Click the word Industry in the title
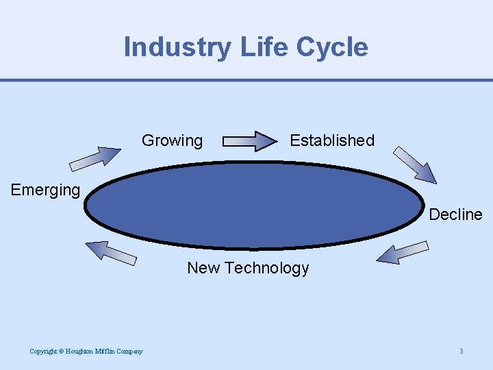178,47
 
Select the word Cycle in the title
332,47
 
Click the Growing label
172,141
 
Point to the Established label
332,140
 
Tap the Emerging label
45,190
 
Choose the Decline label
455,214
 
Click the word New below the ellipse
203,268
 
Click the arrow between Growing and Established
248,141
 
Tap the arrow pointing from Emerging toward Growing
95,158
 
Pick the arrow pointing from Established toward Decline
416,164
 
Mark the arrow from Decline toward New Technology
403,252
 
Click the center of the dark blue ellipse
254,205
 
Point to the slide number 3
462,351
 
